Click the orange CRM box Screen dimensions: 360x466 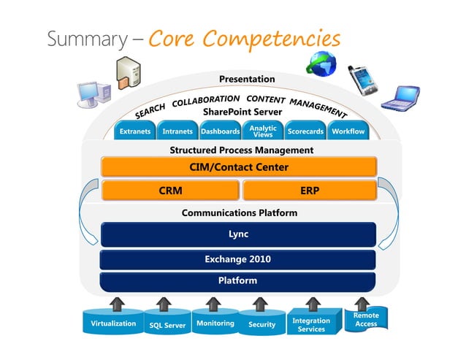pos(170,191)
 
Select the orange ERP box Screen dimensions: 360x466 pos(309,191)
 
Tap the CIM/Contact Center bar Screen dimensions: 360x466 pos(239,167)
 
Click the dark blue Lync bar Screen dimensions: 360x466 pos(238,234)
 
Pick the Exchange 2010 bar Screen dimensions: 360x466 pos(238,259)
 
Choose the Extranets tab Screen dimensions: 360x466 pos(135,131)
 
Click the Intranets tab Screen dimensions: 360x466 pos(177,131)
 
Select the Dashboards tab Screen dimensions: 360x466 pos(220,131)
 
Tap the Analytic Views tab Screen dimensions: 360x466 pos(262,131)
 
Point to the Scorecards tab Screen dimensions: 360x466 pos(305,131)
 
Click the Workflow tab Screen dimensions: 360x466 pos(348,131)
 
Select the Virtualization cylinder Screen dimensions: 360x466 pos(113,323)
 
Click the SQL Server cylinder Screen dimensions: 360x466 pos(167,325)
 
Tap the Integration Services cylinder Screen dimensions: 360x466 pos(311,324)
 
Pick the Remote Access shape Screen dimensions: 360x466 pos(366,320)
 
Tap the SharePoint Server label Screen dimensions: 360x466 pos(232,112)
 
